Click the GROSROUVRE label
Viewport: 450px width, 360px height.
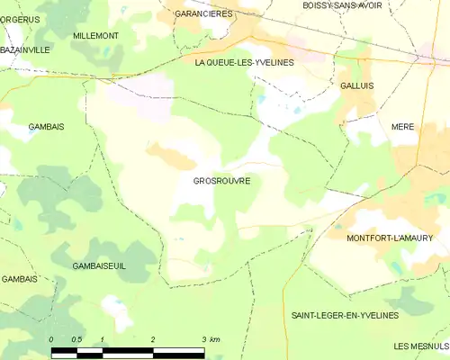[x=221, y=181]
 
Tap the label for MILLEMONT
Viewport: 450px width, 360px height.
[x=95, y=35]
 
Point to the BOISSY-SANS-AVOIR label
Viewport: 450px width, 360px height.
[x=342, y=5]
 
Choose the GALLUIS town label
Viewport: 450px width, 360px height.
[x=357, y=85]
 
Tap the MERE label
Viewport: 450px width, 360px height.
[x=402, y=127]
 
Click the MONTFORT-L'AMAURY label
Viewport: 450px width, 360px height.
[x=389, y=238]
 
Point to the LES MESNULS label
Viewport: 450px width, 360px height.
[x=421, y=346]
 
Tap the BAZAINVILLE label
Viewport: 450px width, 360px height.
[x=24, y=50]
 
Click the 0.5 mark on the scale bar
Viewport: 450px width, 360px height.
[x=76, y=339]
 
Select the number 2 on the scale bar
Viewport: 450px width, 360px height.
[x=154, y=339]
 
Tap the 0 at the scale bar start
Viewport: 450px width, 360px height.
[x=52, y=339]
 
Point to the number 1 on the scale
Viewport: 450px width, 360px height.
[x=103, y=339]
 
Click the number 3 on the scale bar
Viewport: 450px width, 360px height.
[x=204, y=339]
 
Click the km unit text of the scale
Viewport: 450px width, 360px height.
[x=216, y=339]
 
